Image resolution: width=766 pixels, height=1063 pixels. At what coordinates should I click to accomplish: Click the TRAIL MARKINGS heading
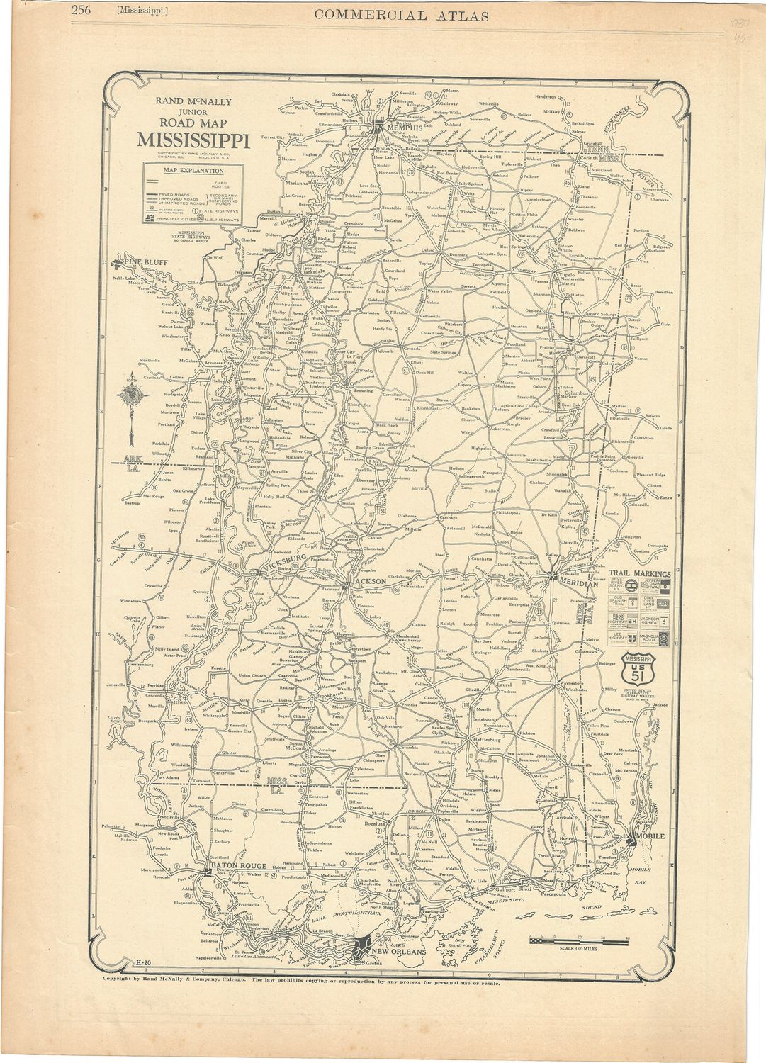(x=640, y=574)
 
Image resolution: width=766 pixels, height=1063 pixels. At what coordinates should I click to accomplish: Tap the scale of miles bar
(x=577, y=940)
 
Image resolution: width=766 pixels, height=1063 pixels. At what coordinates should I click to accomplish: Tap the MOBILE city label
(x=651, y=837)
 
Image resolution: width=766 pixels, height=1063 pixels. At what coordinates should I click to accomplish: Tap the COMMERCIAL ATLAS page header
(x=401, y=16)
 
